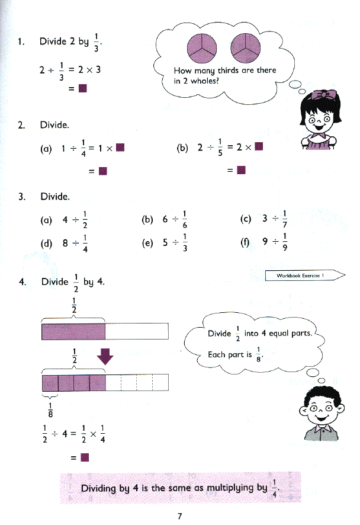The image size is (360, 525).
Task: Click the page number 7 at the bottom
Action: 179,516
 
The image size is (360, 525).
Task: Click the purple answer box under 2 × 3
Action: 83,89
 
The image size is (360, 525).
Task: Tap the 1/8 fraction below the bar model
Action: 50,409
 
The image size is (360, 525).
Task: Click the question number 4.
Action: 22,281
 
